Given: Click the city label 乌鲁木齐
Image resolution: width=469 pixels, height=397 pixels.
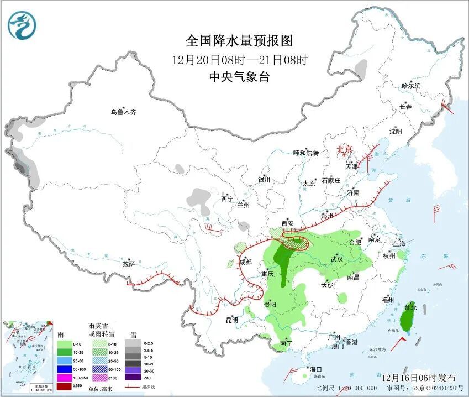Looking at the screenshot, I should pyautogui.click(x=123, y=112).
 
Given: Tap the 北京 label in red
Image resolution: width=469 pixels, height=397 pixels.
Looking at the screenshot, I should pyautogui.click(x=345, y=149).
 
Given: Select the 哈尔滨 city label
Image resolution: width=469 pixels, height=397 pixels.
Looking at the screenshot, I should pyautogui.click(x=411, y=86).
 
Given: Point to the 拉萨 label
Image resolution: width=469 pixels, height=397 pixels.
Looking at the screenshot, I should pyautogui.click(x=129, y=264).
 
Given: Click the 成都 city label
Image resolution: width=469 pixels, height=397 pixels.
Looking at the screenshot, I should pyautogui.click(x=245, y=262).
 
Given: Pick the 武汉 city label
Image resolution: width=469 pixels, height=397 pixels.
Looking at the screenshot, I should pyautogui.click(x=336, y=259).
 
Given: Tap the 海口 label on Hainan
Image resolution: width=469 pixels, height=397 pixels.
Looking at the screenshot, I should pyautogui.click(x=315, y=369).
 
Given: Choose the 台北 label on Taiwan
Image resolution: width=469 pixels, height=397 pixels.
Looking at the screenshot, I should pyautogui.click(x=410, y=307).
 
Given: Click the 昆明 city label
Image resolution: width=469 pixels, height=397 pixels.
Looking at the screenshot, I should pyautogui.click(x=231, y=320).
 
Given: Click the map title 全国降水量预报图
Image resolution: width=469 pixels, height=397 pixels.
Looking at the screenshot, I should pyautogui.click(x=239, y=41).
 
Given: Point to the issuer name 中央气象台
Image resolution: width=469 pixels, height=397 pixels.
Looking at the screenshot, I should pyautogui.click(x=239, y=77).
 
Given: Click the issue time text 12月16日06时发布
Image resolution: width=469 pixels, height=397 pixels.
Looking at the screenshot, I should pyautogui.click(x=419, y=377).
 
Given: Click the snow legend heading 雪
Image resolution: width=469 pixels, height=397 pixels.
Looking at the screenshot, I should pyautogui.click(x=133, y=335).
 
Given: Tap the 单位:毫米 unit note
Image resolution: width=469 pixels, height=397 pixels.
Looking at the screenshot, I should pyautogui.click(x=101, y=389).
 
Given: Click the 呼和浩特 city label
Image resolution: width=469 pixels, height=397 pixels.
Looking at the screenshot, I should pyautogui.click(x=306, y=153).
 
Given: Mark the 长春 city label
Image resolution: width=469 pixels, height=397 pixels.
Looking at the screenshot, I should pyautogui.click(x=406, y=107).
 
